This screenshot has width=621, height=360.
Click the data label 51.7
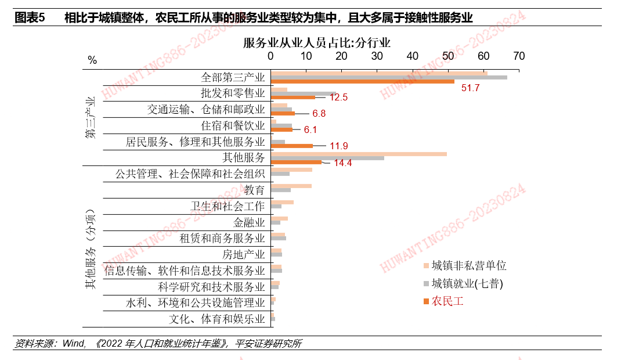pyautogui.click(x=470, y=88)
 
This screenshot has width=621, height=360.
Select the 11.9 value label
pyautogui.click(x=338, y=146)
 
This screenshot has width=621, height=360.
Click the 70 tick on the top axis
pyautogui.click(x=519, y=56)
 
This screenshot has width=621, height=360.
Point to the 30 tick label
pyautogui.click(x=377, y=56)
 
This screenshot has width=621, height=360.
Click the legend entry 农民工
pyautogui.click(x=447, y=301)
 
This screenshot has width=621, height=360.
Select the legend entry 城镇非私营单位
pyautogui.click(x=469, y=265)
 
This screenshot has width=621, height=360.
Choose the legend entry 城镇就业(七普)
pyautogui.click(x=467, y=283)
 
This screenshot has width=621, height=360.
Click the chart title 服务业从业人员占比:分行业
pyautogui.click(x=317, y=42)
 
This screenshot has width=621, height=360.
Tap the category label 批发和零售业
pyautogui.click(x=233, y=93)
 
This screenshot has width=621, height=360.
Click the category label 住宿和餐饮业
pyautogui.click(x=233, y=125)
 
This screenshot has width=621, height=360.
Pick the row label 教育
pyautogui.click(x=254, y=190)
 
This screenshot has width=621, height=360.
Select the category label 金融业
pyautogui.click(x=249, y=222)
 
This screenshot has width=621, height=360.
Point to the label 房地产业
pyautogui.click(x=244, y=254)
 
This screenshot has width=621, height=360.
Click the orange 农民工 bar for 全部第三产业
pyautogui.click(x=363, y=81)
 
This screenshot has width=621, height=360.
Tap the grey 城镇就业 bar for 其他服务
pyautogui.click(x=327, y=158)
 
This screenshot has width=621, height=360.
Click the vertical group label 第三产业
pyautogui.click(x=90, y=117)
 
